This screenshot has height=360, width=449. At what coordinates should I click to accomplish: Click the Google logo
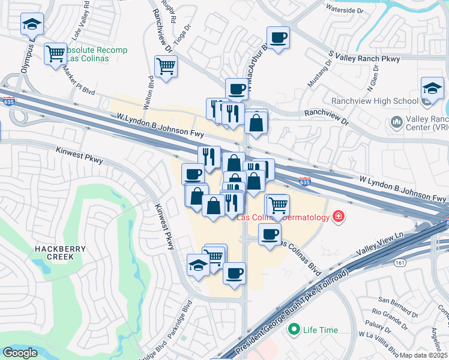click(x=20, y=353)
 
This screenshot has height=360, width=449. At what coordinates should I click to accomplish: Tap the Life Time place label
click(x=320, y=330)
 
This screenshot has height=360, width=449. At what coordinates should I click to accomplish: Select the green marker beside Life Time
click(x=294, y=329)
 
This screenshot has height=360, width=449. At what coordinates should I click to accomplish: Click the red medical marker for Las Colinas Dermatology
click(x=339, y=217)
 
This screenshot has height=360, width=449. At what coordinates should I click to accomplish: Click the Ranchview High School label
click(x=372, y=101)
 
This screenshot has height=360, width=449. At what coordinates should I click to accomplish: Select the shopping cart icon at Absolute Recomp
click(x=55, y=53)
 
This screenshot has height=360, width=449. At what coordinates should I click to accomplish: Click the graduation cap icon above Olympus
click(x=32, y=24)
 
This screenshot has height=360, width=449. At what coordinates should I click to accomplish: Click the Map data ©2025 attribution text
click(x=423, y=355)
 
